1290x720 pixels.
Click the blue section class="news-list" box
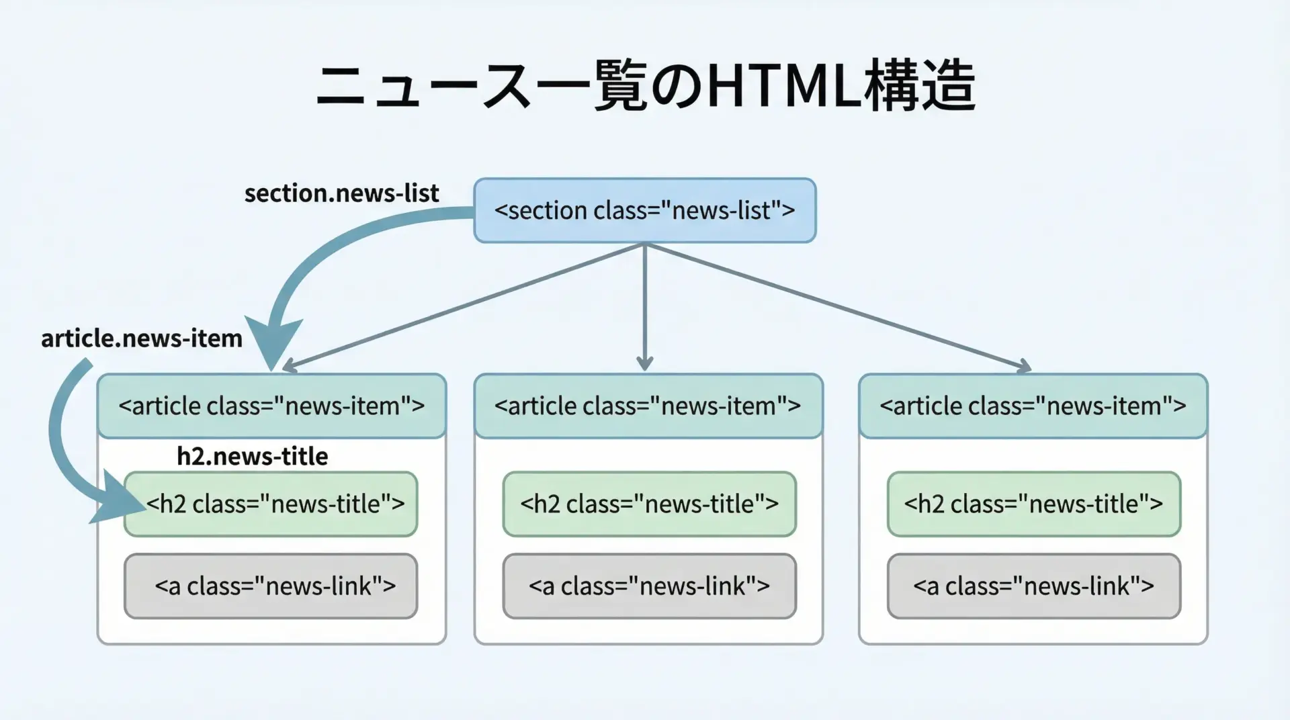(x=644, y=210)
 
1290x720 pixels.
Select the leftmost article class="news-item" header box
(x=271, y=406)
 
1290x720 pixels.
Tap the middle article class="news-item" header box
(x=648, y=406)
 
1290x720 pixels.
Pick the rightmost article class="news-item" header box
(x=1033, y=406)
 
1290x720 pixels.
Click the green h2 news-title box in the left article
(x=271, y=504)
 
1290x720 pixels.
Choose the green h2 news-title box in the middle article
(x=650, y=504)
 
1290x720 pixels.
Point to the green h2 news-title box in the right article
(x=1034, y=504)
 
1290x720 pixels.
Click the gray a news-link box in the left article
(x=271, y=586)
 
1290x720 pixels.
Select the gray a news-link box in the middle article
(x=650, y=586)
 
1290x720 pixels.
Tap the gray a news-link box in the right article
(x=1034, y=586)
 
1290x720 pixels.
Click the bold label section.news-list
(x=341, y=193)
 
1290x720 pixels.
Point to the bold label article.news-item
(x=142, y=338)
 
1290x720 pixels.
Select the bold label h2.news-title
(x=253, y=456)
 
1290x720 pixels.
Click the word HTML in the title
(x=783, y=87)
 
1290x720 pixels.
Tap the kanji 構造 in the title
(x=919, y=87)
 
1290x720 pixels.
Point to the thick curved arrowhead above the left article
(x=273, y=343)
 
